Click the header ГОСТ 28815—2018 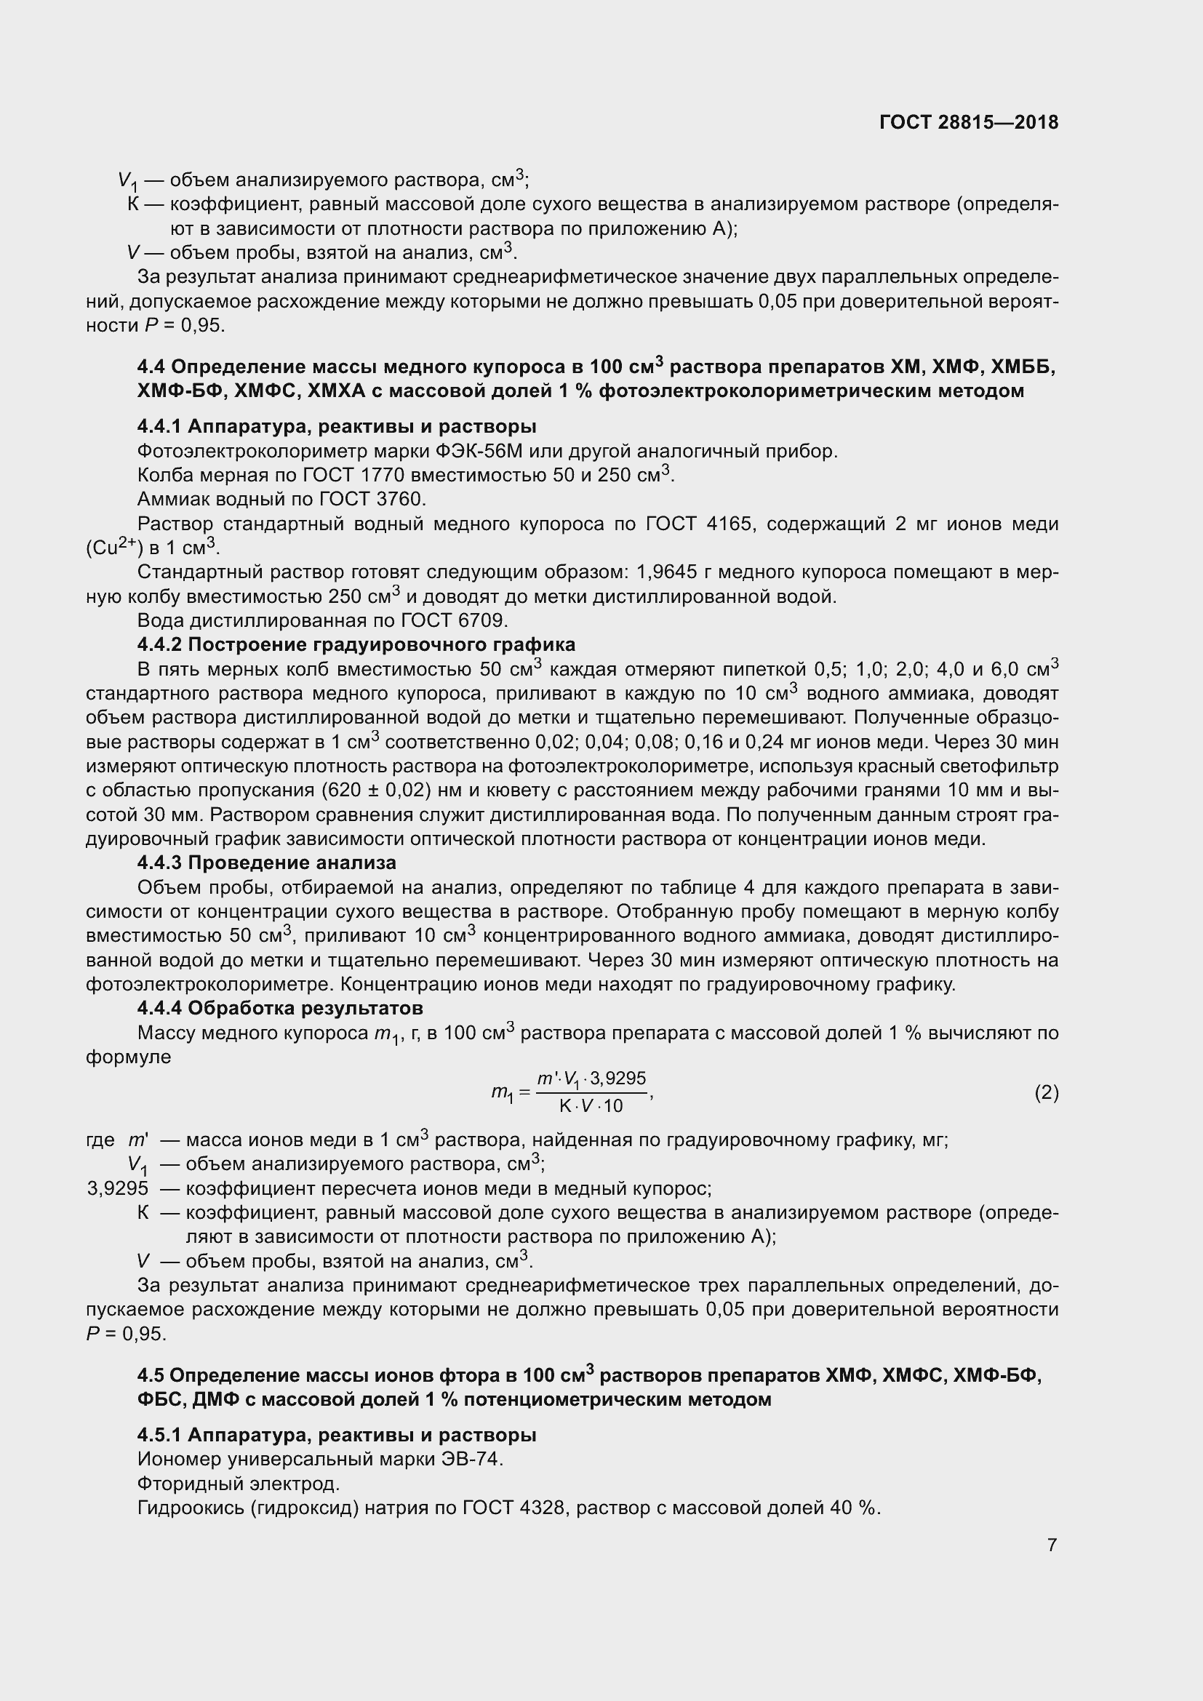click(x=969, y=122)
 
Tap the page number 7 click(x=1052, y=1545)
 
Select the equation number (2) click(x=1046, y=1093)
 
